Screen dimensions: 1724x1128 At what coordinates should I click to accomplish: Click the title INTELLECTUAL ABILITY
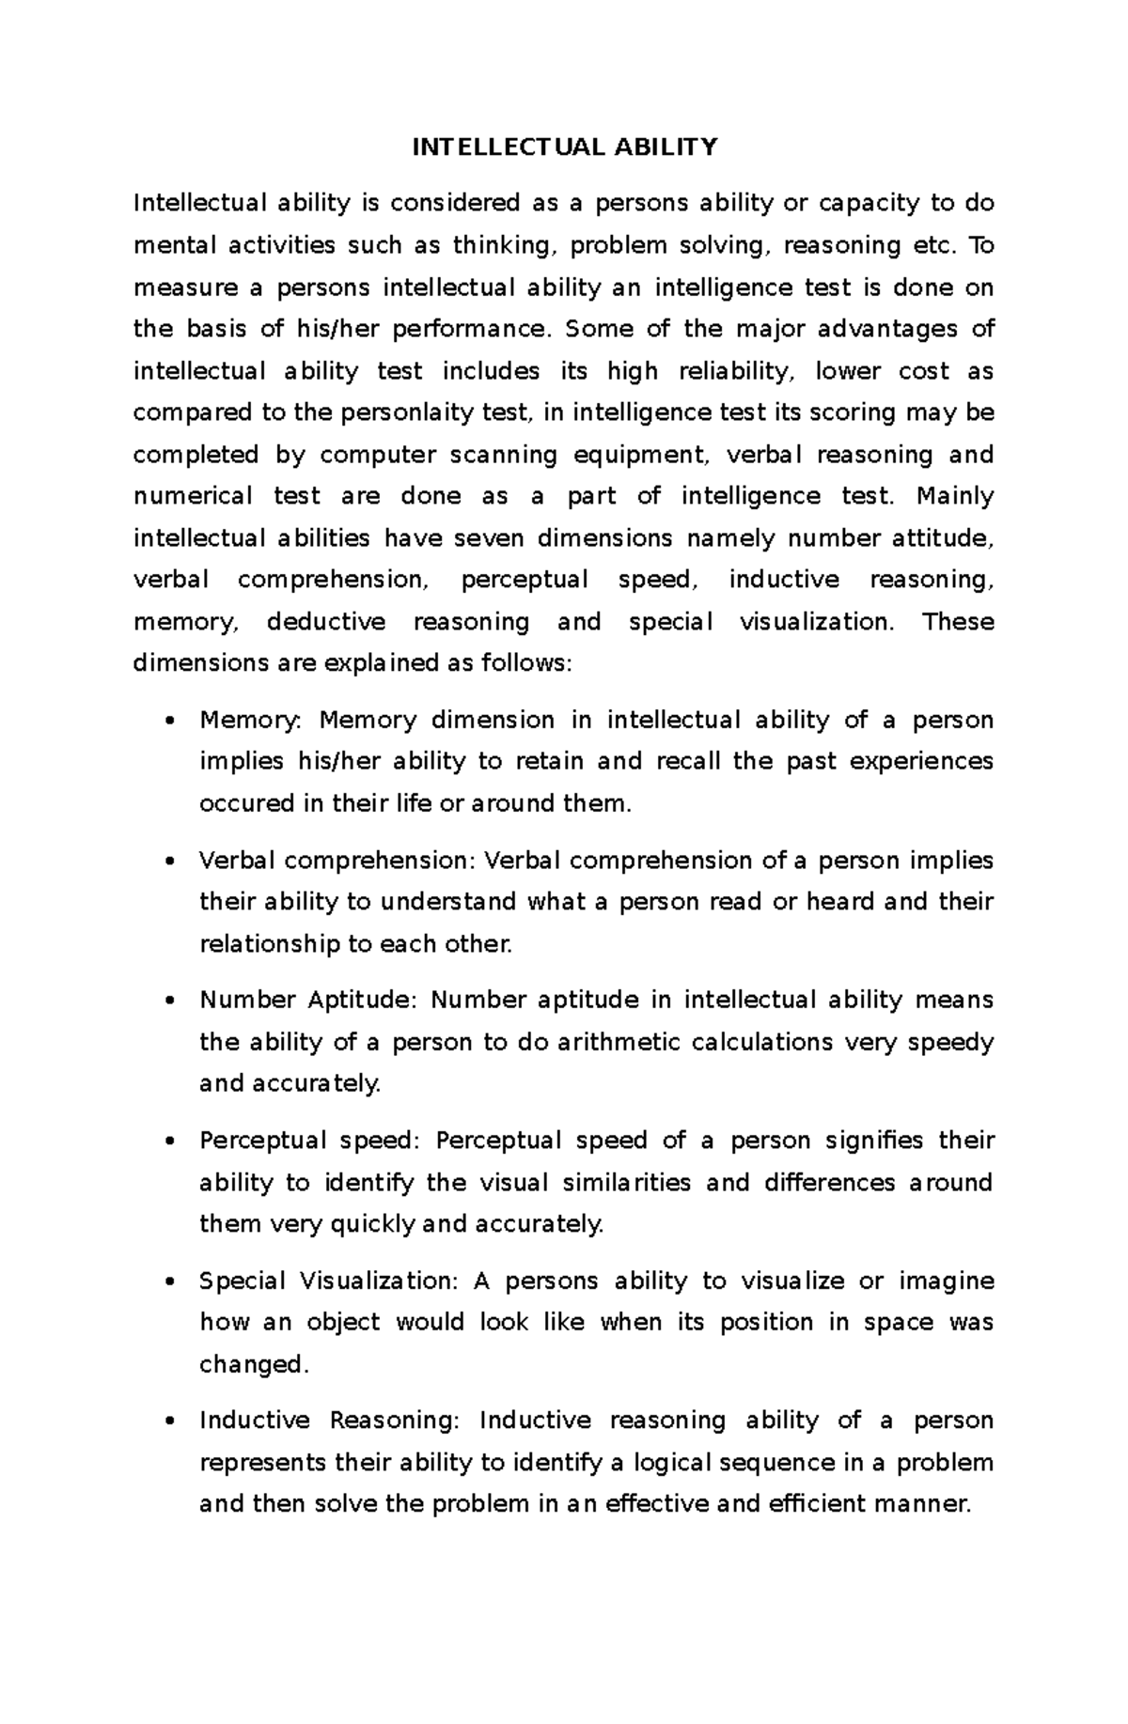coord(565,147)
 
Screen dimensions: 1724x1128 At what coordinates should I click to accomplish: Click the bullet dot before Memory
coord(169,722)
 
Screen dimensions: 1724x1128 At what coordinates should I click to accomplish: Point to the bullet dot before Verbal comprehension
coord(169,862)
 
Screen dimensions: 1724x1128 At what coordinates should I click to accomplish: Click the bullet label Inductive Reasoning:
coord(330,1421)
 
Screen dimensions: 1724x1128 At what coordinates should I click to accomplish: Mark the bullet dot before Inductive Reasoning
coord(169,1421)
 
